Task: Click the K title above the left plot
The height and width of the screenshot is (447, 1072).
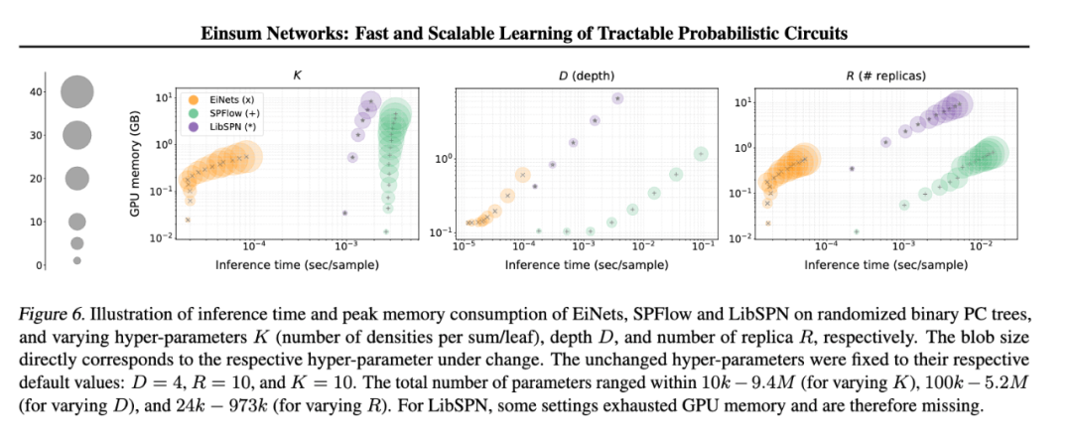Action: tap(297, 74)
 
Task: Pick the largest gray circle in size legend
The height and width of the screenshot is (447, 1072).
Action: tap(76, 92)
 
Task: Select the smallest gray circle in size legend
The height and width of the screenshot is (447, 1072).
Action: tap(76, 260)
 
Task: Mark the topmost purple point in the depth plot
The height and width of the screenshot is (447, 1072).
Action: tap(617, 98)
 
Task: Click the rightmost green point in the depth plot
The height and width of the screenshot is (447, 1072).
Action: tap(701, 154)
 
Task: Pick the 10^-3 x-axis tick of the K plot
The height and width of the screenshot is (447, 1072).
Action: tap(345, 245)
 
